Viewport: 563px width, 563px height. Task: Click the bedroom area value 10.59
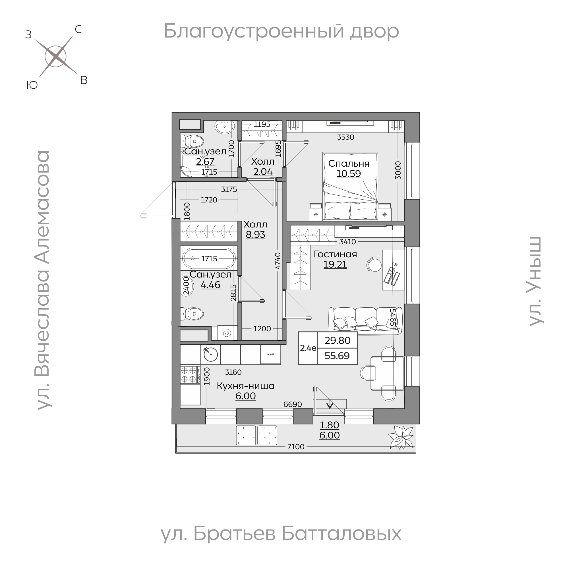coord(349,174)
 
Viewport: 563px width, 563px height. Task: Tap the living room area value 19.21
coord(335,265)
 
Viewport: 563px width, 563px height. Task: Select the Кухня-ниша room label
coord(245,386)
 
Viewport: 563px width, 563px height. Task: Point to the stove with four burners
coord(189,375)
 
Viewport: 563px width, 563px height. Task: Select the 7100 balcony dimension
coord(296,447)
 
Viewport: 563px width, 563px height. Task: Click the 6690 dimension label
coord(292,404)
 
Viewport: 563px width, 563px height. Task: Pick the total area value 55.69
coord(337,356)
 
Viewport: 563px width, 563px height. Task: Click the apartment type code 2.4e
coord(308,348)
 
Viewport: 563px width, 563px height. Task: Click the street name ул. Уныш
coord(536,281)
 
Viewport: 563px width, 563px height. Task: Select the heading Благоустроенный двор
coord(281,31)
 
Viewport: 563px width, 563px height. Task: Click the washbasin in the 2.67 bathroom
coord(224,127)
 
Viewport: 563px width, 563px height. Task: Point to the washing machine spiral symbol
coord(226,333)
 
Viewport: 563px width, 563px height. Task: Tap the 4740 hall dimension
coord(278,261)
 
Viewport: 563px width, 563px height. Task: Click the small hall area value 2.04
coord(263,172)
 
